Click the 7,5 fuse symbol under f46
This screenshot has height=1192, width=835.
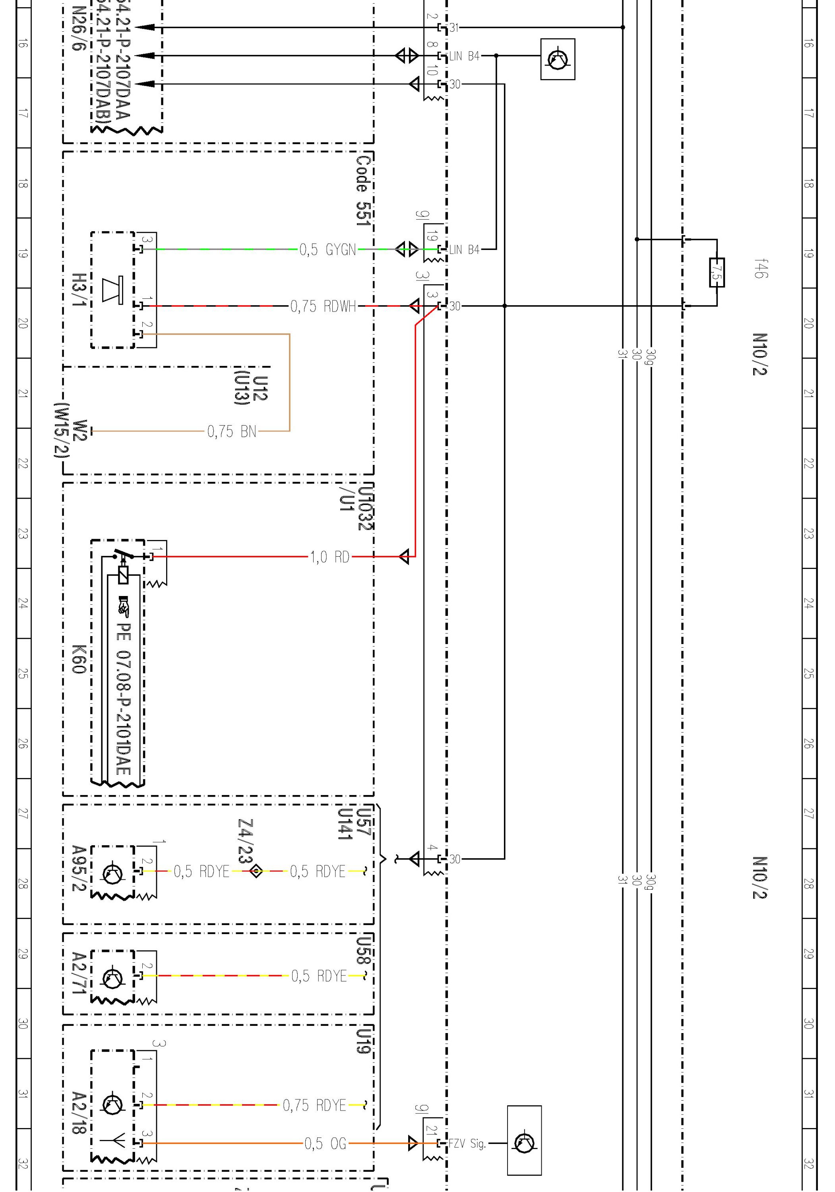tap(717, 273)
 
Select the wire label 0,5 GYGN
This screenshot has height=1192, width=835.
tap(327, 250)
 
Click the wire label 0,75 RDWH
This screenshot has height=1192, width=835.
tap(323, 306)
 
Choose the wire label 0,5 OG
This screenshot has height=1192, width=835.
tap(325, 1143)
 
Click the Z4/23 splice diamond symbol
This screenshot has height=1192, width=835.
tap(256, 871)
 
